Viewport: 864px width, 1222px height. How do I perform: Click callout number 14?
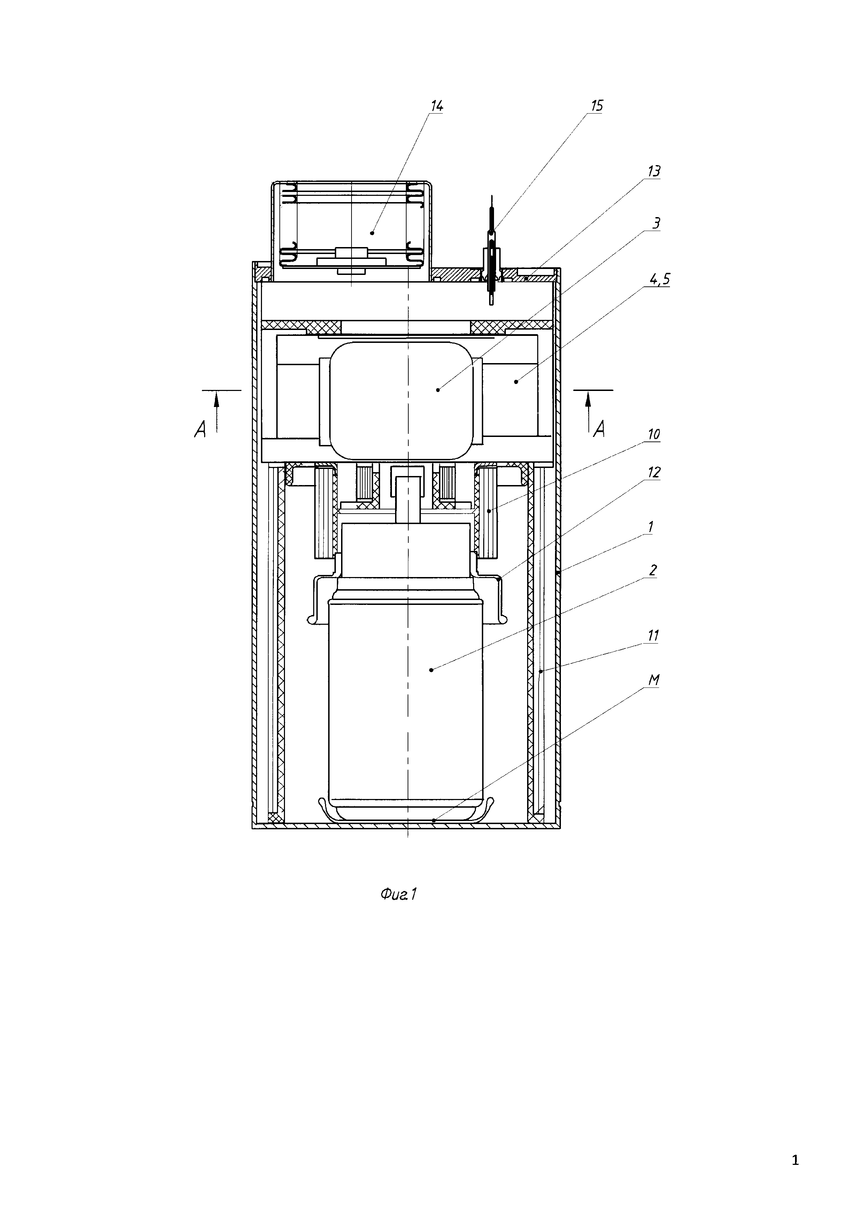436,106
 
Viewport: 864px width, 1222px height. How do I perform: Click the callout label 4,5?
659,279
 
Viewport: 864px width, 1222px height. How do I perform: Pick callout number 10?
653,434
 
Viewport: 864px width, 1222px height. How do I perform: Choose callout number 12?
654,472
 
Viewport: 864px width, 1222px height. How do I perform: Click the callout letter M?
654,680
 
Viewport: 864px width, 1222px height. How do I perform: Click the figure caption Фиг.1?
398,895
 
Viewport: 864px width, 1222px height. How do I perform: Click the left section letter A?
200,430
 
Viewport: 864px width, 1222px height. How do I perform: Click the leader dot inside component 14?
372,232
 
